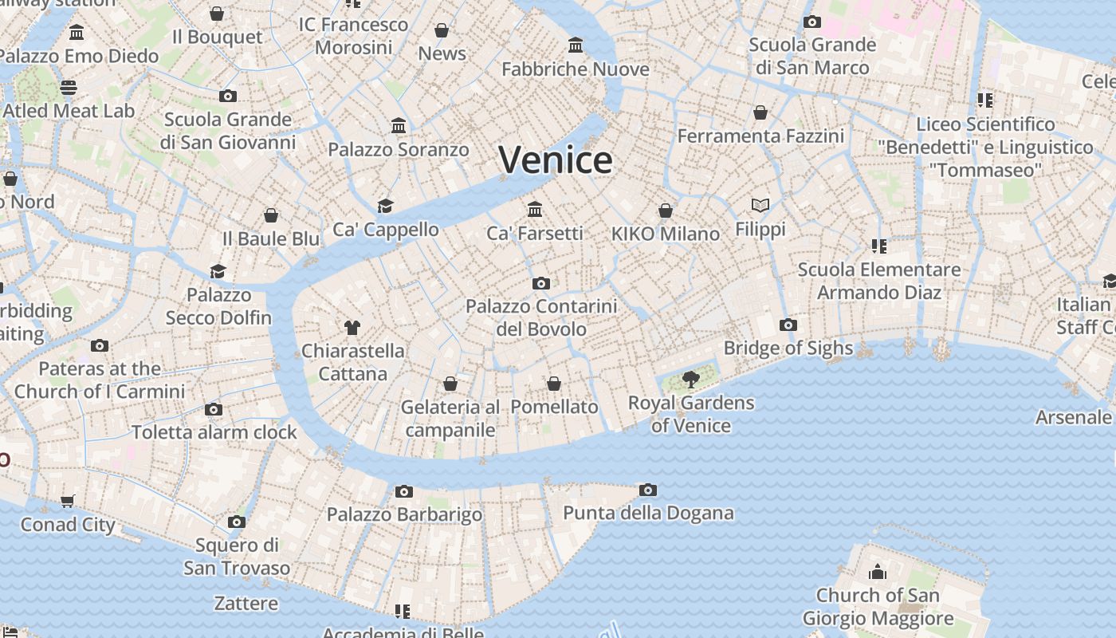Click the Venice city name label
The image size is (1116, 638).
tap(556, 159)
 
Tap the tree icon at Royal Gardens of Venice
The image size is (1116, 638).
tap(690, 379)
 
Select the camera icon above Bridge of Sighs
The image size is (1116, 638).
tap(788, 325)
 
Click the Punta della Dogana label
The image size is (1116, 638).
tap(648, 512)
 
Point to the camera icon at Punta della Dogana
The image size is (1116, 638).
tap(647, 490)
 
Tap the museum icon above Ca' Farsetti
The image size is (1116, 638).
tap(535, 209)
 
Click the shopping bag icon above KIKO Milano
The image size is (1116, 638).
tap(665, 211)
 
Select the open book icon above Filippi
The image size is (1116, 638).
tap(760, 206)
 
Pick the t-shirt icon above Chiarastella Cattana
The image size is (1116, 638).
tap(352, 327)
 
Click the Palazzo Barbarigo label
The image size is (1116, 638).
tap(404, 514)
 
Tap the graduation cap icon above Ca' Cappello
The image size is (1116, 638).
tap(386, 206)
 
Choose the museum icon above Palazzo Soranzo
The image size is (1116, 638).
tap(399, 126)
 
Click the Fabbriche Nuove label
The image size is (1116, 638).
tap(576, 69)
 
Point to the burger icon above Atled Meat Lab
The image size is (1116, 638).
tap(69, 88)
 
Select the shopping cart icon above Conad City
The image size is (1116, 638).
tap(68, 501)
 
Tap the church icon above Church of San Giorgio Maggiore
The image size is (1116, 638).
tap(878, 572)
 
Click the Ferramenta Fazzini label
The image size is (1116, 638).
tap(760, 136)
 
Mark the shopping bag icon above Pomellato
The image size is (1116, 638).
tap(554, 384)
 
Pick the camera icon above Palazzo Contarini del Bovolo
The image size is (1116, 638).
tap(541, 283)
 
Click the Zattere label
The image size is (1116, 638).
tap(246, 603)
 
